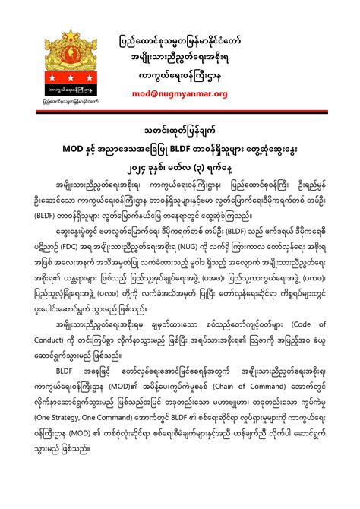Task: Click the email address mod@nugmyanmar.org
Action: [x=190, y=93]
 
